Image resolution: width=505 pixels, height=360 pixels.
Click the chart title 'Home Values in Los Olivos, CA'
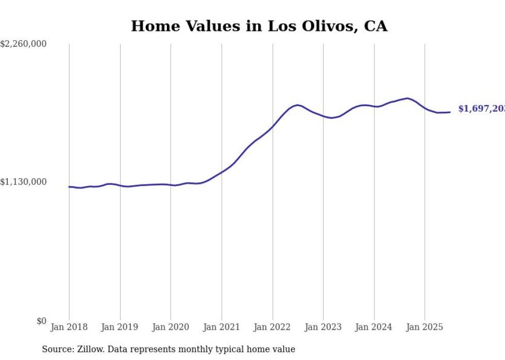coord(259,26)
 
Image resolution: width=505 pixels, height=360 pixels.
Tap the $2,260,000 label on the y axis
coord(24,44)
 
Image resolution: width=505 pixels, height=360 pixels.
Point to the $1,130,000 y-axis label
coord(24,182)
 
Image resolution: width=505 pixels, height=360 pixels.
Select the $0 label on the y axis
coord(41,321)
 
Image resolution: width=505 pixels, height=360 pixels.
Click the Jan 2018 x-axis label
coord(69,327)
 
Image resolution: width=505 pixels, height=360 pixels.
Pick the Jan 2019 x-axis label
coord(120,327)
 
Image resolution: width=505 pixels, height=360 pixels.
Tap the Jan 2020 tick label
coord(171,327)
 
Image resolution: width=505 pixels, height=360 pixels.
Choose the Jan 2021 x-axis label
coord(222,327)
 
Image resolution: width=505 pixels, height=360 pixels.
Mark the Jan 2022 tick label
coord(273,327)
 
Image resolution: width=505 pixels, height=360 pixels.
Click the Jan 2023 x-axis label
coord(323,327)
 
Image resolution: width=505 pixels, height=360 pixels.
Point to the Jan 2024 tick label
coord(374,327)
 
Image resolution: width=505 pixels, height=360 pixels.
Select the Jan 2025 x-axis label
coord(425,327)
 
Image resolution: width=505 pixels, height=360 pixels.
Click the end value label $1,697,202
coord(481,109)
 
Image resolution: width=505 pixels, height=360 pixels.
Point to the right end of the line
coord(450,112)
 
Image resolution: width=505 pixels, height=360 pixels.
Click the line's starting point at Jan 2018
coord(69,187)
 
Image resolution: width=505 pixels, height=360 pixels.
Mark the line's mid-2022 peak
coord(298,105)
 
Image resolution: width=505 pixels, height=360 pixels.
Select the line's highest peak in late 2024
coord(408,98)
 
